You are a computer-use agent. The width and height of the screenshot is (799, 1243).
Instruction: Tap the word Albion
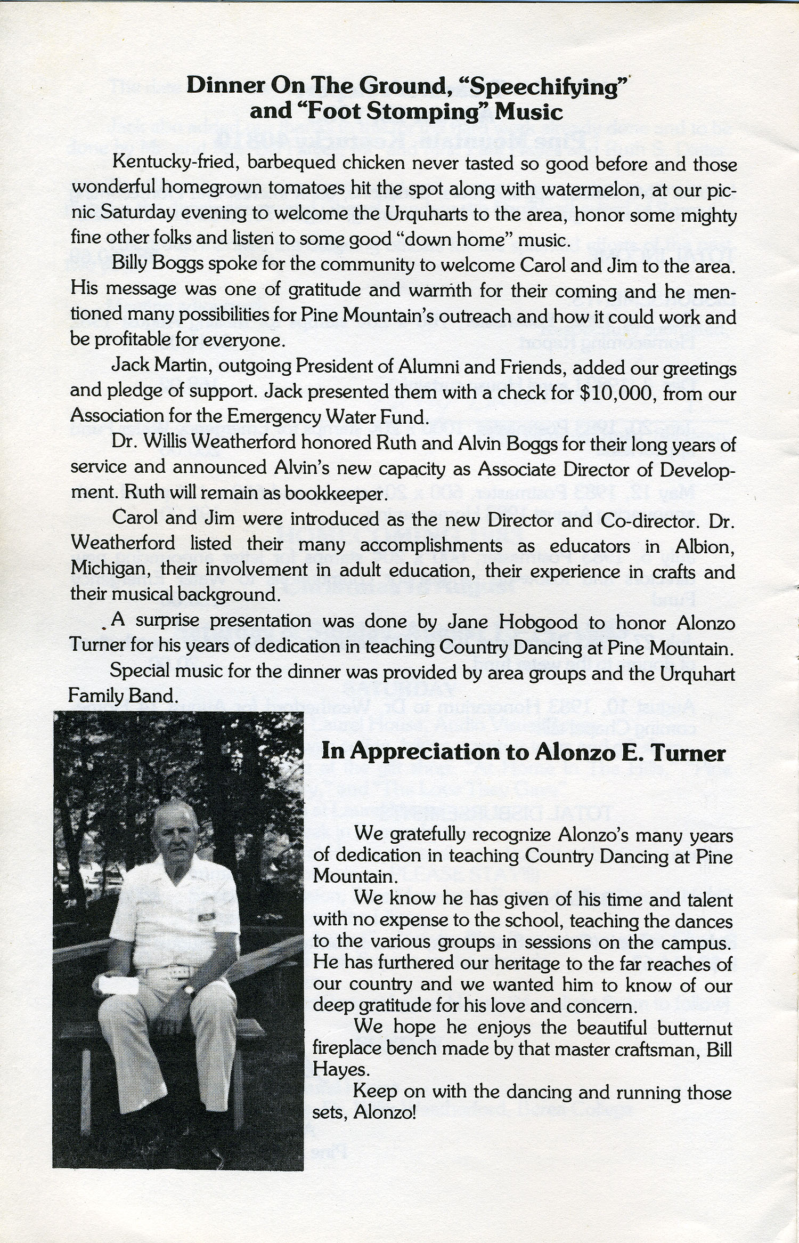coord(706,546)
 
